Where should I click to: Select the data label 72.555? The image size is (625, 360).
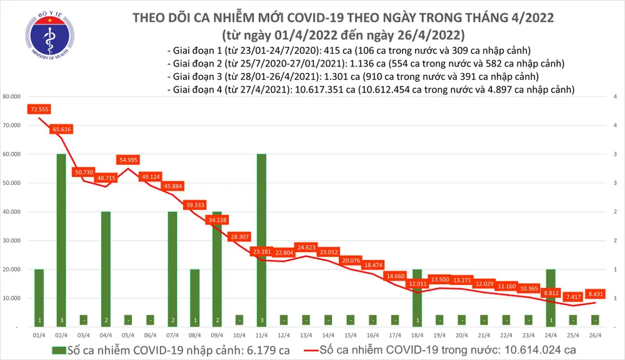pos(39,109)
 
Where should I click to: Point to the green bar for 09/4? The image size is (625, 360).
pos(217,269)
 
